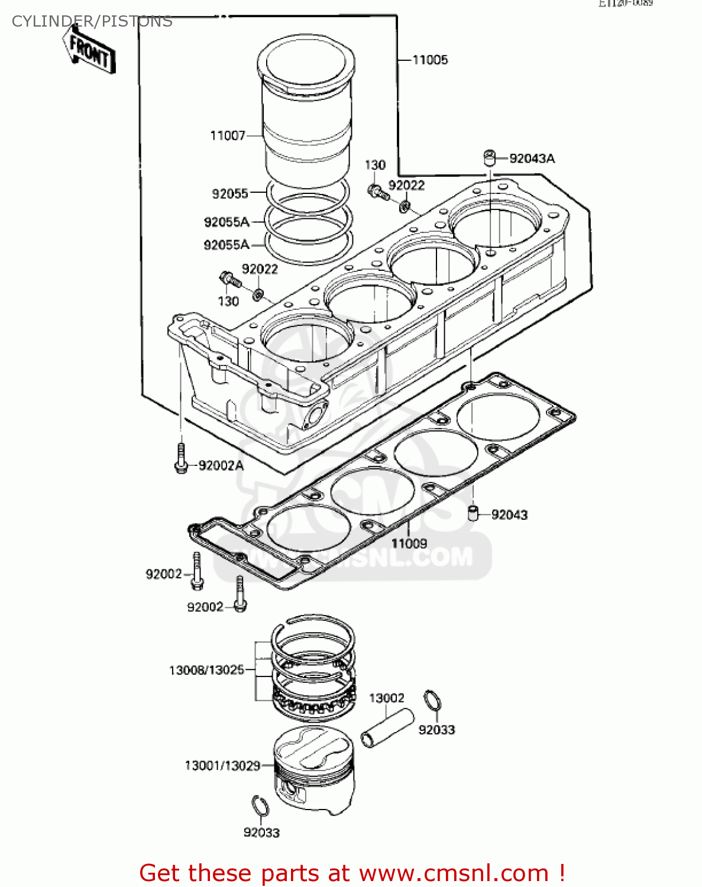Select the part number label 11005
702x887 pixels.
[430, 60]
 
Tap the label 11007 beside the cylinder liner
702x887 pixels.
[227, 136]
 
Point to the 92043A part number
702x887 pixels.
[532, 158]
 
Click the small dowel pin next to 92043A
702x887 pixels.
[489, 158]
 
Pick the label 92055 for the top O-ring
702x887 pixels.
[230, 193]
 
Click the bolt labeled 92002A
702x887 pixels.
[181, 459]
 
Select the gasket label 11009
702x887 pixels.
[409, 543]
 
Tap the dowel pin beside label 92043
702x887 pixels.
[473, 513]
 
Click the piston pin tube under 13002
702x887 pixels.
[387, 727]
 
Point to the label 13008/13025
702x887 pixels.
[206, 670]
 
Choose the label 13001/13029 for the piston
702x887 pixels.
[222, 766]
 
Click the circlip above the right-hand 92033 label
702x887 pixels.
[432, 701]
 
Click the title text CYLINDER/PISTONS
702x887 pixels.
[92, 22]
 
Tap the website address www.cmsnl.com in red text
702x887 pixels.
[454, 873]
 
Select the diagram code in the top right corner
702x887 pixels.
[625, 3]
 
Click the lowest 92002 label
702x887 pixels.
[205, 607]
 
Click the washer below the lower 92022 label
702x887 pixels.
[258, 293]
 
